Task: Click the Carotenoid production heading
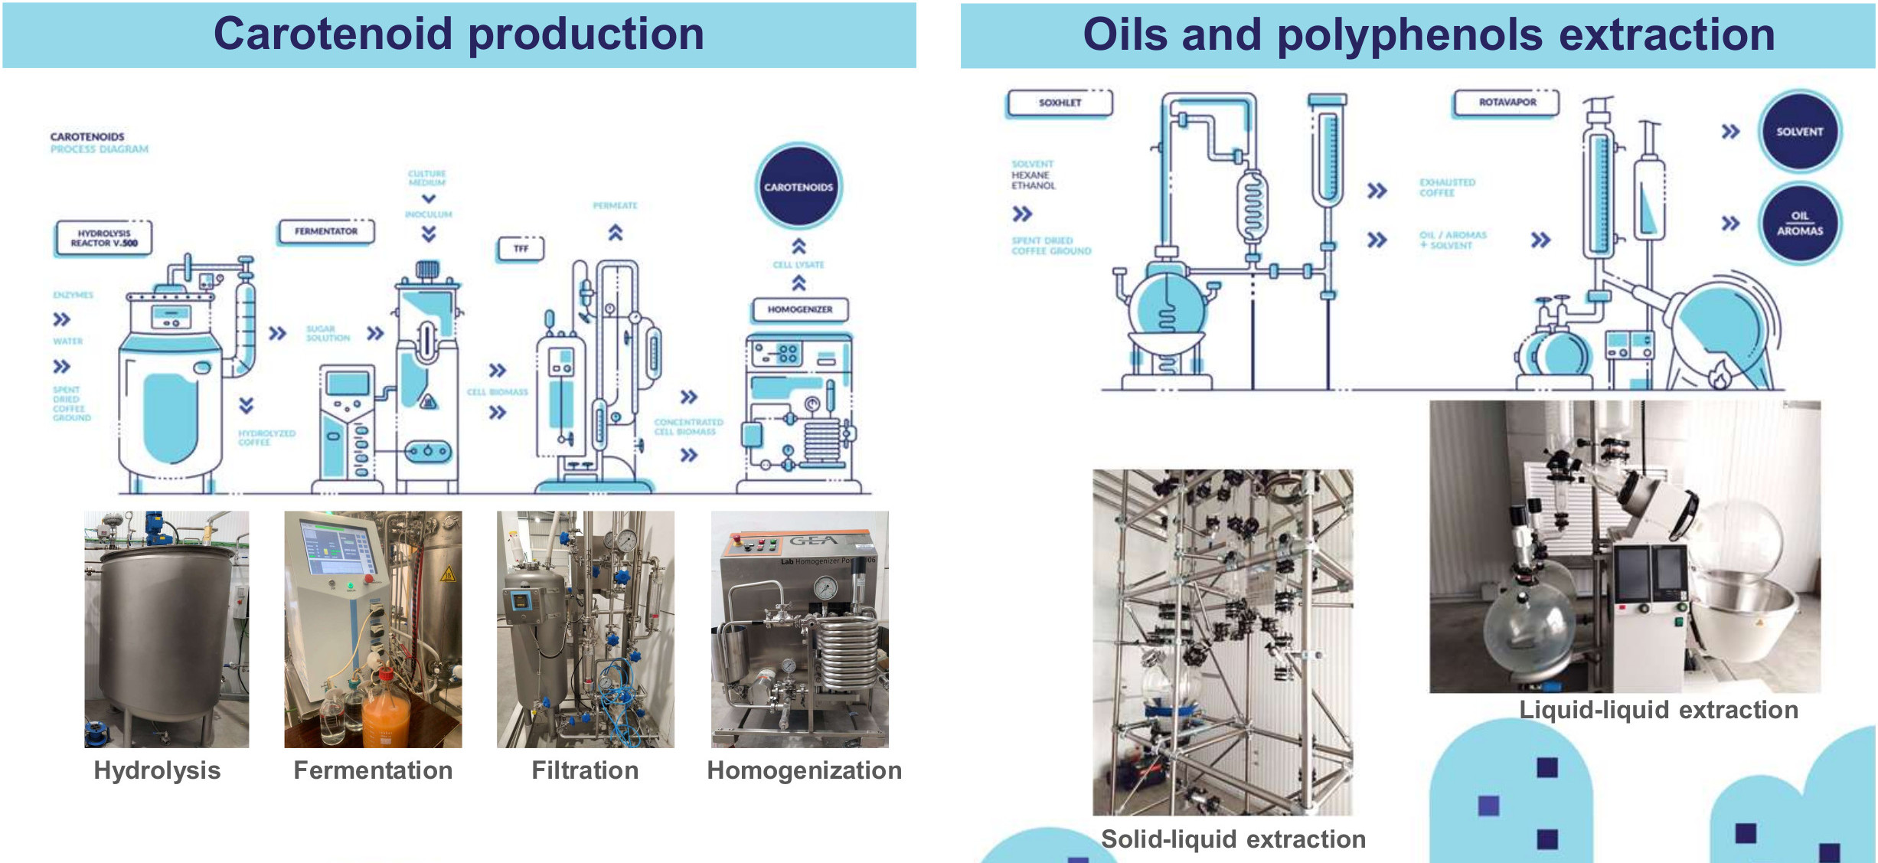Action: tap(459, 34)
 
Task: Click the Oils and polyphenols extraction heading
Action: tap(1429, 35)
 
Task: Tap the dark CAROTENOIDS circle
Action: tap(799, 186)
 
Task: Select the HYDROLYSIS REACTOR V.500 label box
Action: tap(104, 238)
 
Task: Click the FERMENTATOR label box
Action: tap(326, 231)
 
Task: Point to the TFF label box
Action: tap(521, 248)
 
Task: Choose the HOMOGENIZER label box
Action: tap(799, 309)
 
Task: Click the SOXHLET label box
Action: tap(1060, 103)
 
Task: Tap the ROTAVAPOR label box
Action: tap(1507, 103)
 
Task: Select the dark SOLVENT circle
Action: tap(1799, 132)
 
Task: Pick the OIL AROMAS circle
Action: tap(1799, 224)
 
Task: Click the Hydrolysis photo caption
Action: tap(157, 770)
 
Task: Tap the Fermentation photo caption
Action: tap(373, 770)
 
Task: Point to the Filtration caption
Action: tap(585, 770)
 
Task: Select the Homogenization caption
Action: tap(804, 770)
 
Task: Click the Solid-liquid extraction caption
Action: tap(1233, 839)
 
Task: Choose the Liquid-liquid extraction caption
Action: tap(1658, 710)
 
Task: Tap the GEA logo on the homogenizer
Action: tap(813, 541)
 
